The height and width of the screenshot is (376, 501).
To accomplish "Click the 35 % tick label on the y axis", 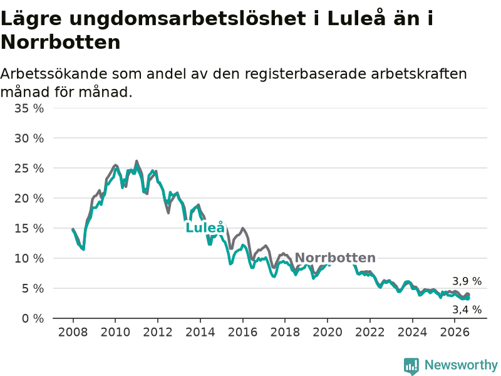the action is pos(29,108).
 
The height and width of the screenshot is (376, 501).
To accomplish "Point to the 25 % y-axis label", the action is pos(29,169).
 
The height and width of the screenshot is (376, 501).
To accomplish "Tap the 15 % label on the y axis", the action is pos(29,229).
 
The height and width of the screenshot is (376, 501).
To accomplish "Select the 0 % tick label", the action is pos(33,318).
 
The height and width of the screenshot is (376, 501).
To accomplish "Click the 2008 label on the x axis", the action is pos(73,332).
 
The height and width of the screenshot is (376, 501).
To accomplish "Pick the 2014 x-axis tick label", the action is pos(200,332).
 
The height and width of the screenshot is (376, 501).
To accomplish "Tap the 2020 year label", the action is pos(328,332).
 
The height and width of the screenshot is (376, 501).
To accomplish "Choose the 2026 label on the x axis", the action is pos(455,332).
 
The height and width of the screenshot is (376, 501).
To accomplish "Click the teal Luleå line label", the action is pos(205,227).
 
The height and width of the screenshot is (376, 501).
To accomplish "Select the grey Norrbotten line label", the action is pos(335,258).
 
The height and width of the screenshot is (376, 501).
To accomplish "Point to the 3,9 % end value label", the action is pos(467,281).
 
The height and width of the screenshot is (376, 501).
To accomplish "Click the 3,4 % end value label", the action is pos(467,310).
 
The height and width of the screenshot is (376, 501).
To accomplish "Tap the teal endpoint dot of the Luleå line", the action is pos(468,298).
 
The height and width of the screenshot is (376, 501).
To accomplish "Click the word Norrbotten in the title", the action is pos(61,42).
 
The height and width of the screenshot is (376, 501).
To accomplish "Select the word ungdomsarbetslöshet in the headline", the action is pos(187,19).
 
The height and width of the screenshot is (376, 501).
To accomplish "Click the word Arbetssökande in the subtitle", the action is pos(54,74).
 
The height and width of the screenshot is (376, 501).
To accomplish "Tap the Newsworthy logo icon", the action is pos(411,366).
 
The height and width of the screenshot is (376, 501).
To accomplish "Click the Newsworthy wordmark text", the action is pos(461,365).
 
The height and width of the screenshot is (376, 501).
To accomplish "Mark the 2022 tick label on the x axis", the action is pos(370,332).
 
